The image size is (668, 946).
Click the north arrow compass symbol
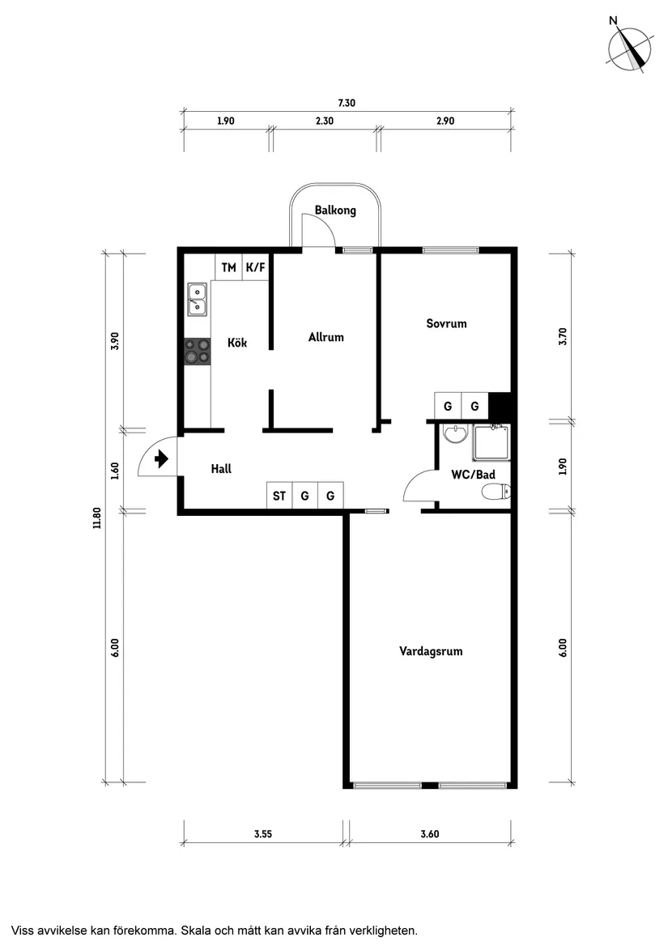[x=630, y=49]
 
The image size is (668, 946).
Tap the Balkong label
[x=335, y=211]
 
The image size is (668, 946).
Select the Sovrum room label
[x=446, y=323]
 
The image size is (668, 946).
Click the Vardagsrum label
[x=431, y=650]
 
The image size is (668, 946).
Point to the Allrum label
[x=325, y=337]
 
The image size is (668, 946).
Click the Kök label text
[x=237, y=343]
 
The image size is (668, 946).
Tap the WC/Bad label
[x=473, y=474]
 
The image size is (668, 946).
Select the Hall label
[x=221, y=468]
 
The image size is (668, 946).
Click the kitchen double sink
[x=197, y=299]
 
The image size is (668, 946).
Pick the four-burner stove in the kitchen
[x=197, y=352]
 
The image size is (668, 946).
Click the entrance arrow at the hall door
[x=160, y=459]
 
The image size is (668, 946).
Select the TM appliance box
[x=229, y=267]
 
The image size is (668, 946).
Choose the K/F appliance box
[x=255, y=267]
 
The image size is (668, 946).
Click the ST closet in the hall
[x=279, y=496]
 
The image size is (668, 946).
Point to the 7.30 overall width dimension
[x=347, y=103]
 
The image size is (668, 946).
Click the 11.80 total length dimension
[x=96, y=518]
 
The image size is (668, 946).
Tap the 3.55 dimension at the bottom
[x=262, y=834]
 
